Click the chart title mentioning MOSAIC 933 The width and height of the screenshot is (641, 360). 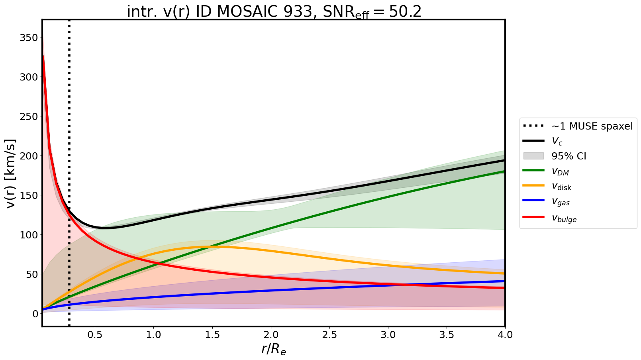click(274, 12)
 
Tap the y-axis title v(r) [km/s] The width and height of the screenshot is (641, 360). click(11, 173)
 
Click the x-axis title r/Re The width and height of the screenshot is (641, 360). click(274, 349)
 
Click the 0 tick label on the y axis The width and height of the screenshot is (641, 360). click(35, 314)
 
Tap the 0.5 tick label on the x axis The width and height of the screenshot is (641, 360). click(95, 335)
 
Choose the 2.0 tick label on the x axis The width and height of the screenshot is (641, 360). click(271, 335)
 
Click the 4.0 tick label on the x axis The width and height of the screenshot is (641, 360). click(505, 335)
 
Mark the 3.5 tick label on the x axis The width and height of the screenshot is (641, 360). click(447, 335)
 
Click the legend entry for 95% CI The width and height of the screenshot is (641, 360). click(568, 156)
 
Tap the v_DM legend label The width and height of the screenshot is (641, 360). click(560, 171)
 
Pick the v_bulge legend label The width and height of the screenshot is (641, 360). click(564, 218)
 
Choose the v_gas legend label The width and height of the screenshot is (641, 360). click(561, 202)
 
